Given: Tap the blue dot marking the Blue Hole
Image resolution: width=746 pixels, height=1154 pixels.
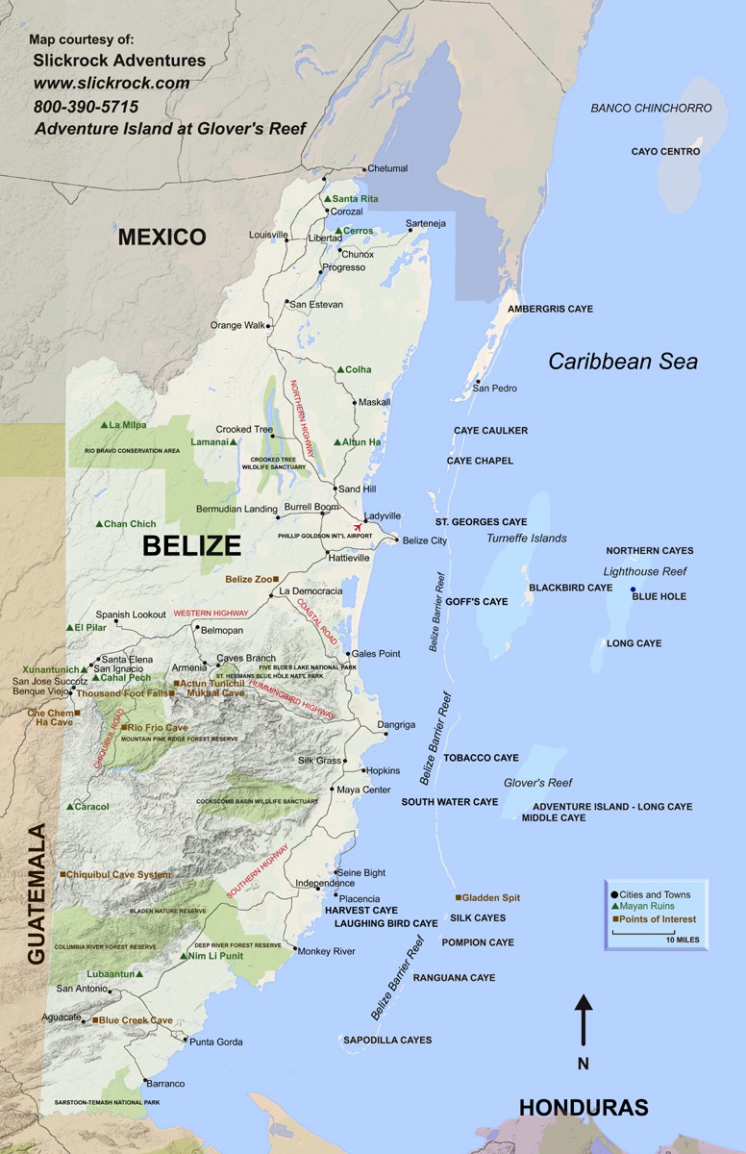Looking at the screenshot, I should (x=633, y=590).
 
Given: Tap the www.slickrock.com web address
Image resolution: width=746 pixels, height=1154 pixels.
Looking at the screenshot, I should (x=111, y=84).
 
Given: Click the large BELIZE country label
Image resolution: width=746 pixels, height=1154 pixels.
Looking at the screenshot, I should (x=191, y=546).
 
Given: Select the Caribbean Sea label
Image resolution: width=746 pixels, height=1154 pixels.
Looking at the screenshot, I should (x=623, y=362).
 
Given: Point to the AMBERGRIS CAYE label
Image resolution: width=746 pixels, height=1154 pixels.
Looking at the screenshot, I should (x=550, y=309).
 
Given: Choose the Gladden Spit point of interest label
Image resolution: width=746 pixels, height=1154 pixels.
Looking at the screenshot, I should (x=491, y=897).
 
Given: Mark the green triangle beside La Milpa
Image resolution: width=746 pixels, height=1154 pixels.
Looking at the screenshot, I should (x=104, y=425).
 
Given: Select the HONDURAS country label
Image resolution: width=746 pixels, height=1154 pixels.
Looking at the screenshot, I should (x=584, y=1107).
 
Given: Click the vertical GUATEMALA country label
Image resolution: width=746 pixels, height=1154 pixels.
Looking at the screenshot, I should (x=37, y=893).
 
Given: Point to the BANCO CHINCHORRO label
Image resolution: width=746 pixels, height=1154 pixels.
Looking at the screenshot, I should (x=651, y=109).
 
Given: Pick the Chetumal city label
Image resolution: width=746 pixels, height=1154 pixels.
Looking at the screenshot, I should (x=387, y=168).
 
